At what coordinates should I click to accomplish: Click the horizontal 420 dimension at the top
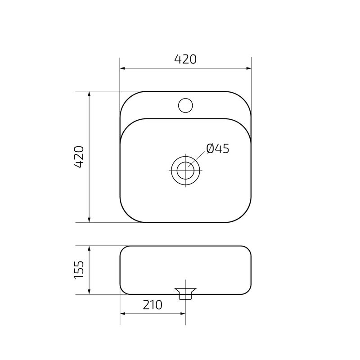185,59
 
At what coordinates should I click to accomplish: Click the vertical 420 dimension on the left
79,157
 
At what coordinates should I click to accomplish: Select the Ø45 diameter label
218,148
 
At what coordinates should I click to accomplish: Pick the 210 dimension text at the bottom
153,305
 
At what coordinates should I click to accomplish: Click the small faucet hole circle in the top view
185,105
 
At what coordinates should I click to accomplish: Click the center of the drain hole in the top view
185,171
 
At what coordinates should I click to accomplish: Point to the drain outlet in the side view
185,292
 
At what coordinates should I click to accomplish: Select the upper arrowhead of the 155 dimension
89,249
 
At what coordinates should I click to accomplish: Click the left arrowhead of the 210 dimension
122,314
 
